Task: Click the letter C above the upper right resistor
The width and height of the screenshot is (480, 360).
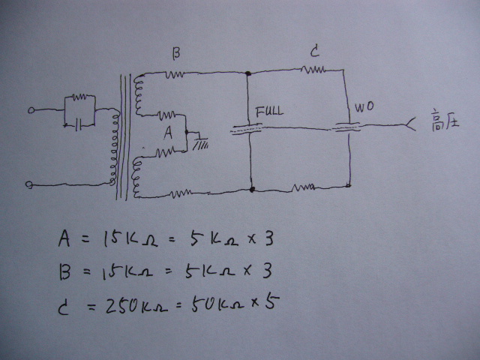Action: (x=315, y=52)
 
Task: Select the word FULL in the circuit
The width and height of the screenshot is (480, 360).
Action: (x=269, y=112)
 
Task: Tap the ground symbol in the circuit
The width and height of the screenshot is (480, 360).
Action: (x=199, y=140)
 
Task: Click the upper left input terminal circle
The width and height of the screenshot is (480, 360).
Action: (x=31, y=110)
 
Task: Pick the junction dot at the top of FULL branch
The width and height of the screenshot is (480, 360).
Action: (x=248, y=73)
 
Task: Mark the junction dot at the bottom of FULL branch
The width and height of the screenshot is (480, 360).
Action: (x=251, y=190)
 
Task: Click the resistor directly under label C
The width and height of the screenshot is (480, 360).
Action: (x=313, y=70)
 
